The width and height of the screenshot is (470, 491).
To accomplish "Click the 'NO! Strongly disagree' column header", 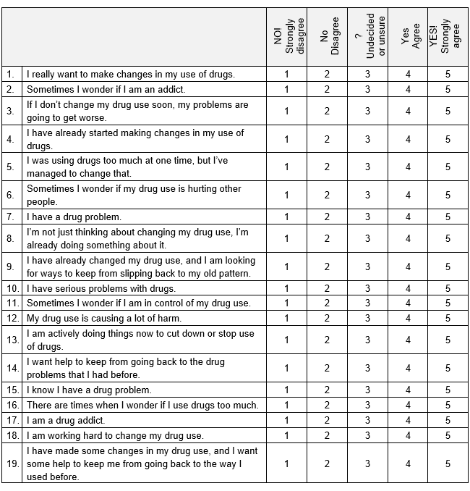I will (x=286, y=37).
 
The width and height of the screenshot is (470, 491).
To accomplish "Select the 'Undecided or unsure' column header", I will (x=367, y=37).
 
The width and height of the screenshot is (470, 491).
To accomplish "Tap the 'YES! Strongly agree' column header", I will (x=448, y=36).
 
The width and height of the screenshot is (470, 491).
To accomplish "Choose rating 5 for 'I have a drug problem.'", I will (x=448, y=217).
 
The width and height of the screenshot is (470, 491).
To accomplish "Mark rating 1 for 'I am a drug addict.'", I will (x=286, y=420).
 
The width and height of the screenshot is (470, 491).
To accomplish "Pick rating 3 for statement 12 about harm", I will (x=367, y=318).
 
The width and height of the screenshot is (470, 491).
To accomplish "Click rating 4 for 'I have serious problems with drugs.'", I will (x=408, y=288).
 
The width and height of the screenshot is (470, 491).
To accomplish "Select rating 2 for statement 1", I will (x=327, y=74).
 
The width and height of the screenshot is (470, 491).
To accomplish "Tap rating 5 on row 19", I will (x=448, y=464).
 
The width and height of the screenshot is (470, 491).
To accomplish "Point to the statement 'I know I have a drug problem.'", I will (x=90, y=390).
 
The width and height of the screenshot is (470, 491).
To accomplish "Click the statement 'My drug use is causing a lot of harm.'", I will (x=104, y=318).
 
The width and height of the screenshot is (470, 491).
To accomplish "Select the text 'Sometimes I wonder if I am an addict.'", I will (x=106, y=89).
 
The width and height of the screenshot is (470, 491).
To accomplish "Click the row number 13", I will (x=11, y=340).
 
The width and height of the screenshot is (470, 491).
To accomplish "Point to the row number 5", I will (x=11, y=167).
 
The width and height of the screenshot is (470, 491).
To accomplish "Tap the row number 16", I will (x=11, y=405).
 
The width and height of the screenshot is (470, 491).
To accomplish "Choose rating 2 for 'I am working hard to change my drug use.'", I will (x=327, y=435).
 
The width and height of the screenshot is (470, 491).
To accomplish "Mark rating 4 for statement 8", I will (x=408, y=238).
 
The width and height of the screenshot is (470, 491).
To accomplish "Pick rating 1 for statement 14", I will (x=286, y=368).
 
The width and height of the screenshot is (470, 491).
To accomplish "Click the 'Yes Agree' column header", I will (x=408, y=37).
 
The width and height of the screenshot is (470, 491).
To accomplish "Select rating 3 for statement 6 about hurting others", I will (x=367, y=196).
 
